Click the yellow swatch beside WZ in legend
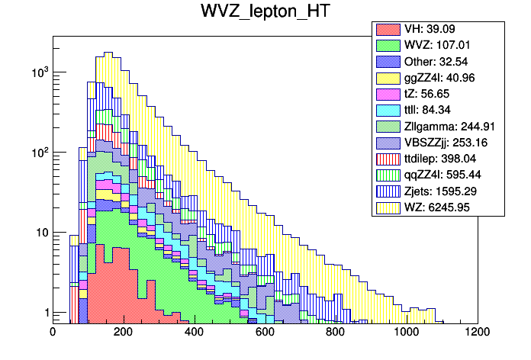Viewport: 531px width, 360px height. [388, 207]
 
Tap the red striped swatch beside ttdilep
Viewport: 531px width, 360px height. [388, 158]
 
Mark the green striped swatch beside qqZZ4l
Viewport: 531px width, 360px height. [388, 175]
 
